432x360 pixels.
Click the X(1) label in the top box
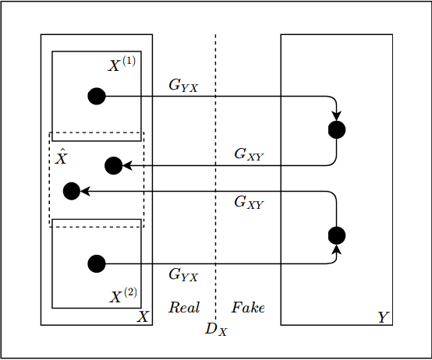122,65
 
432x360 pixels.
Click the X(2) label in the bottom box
123,295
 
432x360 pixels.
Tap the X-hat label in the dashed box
62,157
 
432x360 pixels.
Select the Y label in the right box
382,317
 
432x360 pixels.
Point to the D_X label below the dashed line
216,329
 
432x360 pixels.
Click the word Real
185,307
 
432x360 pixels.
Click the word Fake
248,307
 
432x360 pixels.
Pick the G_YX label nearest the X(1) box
183,86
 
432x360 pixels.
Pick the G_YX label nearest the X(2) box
183,274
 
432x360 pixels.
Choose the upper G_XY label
250,154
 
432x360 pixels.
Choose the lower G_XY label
250,203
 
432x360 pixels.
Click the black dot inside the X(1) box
96,96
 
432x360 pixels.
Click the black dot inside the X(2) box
96,263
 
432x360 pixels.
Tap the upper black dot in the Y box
336,129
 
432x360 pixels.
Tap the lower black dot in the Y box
336,235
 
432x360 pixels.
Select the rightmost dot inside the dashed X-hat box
113,165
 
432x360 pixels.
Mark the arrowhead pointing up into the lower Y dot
336,249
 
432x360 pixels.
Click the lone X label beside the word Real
143,317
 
